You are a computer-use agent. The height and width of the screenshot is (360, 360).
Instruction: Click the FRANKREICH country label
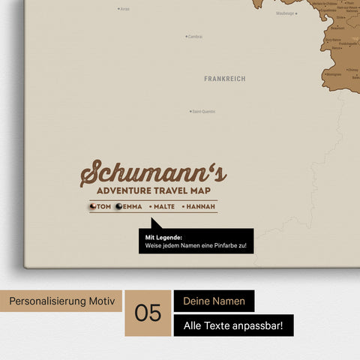[x=224, y=78]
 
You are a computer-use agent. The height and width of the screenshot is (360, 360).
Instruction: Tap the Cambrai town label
[x=195, y=36]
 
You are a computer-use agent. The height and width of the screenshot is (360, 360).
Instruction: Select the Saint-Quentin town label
[x=204, y=112]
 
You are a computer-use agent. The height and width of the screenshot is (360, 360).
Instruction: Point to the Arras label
[x=124, y=9]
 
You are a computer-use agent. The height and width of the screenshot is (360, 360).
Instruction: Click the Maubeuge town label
[x=285, y=13]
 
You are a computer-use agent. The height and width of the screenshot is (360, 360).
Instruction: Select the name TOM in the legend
[x=104, y=206]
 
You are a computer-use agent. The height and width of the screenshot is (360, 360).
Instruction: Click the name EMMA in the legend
[x=132, y=206]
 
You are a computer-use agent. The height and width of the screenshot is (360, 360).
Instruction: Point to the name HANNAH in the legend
[x=200, y=206]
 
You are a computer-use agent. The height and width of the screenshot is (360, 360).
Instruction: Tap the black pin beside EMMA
[x=118, y=206]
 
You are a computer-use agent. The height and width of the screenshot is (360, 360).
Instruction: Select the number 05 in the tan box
[x=148, y=313]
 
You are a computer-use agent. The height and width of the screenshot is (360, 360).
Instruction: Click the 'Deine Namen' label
[x=214, y=301]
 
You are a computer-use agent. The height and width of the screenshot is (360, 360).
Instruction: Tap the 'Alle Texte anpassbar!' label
[x=233, y=325]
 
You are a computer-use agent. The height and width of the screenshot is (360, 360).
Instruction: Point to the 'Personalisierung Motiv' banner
[x=61, y=301]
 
